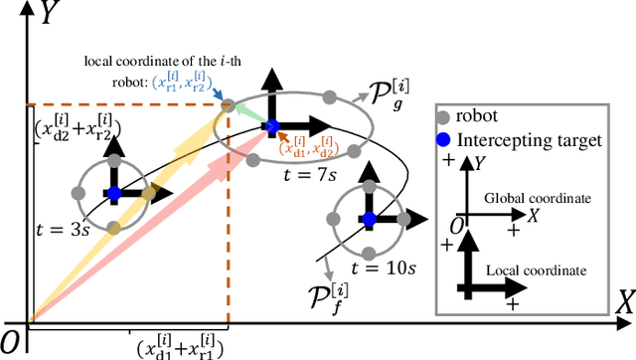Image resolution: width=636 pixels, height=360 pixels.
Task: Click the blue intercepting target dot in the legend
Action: [x=453, y=140]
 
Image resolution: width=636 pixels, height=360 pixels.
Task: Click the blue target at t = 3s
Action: [x=114, y=192]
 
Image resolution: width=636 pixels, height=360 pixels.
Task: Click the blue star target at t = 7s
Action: [x=271, y=126]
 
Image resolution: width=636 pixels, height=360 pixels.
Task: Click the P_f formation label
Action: [x=335, y=295]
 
